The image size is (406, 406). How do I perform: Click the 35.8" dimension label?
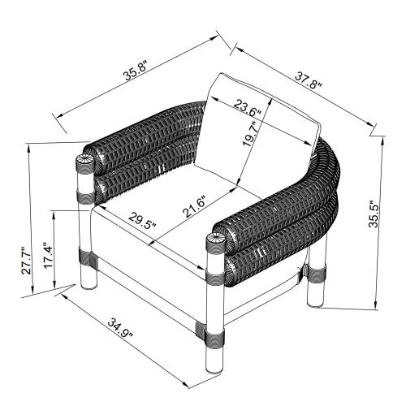136,71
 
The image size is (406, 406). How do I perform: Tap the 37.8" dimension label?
309,80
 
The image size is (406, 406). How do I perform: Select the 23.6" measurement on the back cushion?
248,108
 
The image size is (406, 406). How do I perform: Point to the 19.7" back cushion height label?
250,133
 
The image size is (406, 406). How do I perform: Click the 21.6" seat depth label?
196,207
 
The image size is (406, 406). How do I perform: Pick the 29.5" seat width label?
142,221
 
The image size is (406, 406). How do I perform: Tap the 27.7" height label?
27,261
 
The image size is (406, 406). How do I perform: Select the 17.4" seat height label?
49,255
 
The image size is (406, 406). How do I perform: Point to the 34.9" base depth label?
120,328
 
